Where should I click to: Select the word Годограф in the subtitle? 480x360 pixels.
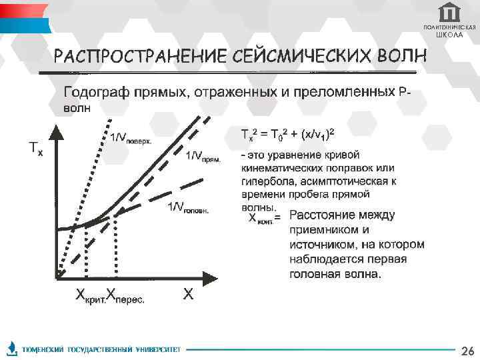[x=93, y=91]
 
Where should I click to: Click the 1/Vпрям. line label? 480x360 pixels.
[x=203, y=156]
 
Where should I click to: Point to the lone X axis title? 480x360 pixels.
[x=189, y=293]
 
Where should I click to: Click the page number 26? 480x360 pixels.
[x=467, y=351]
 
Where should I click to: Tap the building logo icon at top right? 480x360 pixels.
[x=449, y=13]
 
